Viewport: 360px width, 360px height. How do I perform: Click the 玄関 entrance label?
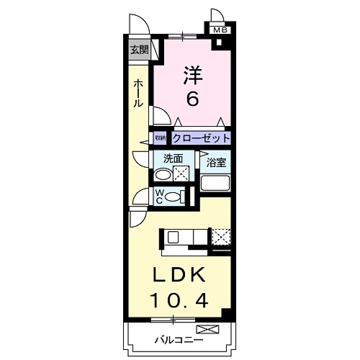coord(139,50)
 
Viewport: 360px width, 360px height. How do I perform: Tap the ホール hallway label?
coord(138,94)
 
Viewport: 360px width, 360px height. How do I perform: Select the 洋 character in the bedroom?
coord(192,74)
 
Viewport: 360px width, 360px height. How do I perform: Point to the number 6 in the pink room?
coord(192,99)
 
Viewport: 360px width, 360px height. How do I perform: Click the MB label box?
coord(219,30)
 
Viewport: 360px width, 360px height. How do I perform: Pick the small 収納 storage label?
coord(160,138)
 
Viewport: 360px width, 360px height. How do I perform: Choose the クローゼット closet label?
coord(201,138)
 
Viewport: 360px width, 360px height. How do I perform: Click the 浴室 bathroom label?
coord(217,162)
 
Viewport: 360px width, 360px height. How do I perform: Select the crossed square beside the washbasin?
coord(182,173)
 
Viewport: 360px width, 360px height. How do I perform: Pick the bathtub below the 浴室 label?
coord(215,183)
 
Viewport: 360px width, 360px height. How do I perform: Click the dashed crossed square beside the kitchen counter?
coord(221,236)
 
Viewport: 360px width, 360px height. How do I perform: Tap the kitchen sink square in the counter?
coord(174,236)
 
